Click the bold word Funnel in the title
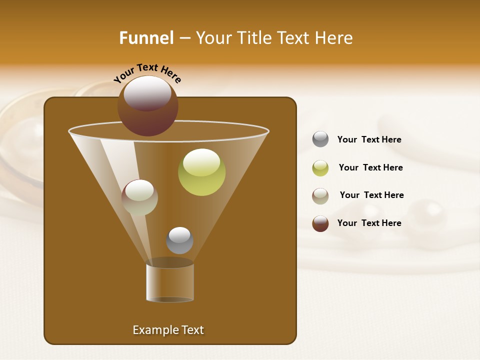pyautogui.click(x=146, y=38)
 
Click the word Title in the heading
pyautogui.click(x=254, y=38)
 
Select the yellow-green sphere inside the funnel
pyautogui.click(x=202, y=172)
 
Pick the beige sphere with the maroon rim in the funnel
pyautogui.click(x=139, y=197)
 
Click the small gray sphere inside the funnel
pyautogui.click(x=179, y=240)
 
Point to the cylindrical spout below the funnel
pyautogui.click(x=170, y=282)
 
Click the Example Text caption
pyautogui.click(x=168, y=330)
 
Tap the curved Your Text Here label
pyautogui.click(x=147, y=73)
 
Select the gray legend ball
pyautogui.click(x=320, y=139)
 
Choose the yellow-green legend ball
pyautogui.click(x=320, y=168)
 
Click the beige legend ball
pyautogui.click(x=320, y=196)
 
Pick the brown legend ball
pyautogui.click(x=320, y=223)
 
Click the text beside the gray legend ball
pyautogui.click(x=369, y=139)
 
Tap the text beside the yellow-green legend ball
pyautogui.click(x=370, y=167)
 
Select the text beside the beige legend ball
pyautogui.click(x=371, y=195)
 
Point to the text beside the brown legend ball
pyautogui.click(x=369, y=223)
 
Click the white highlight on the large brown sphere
pyautogui.click(x=147, y=93)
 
